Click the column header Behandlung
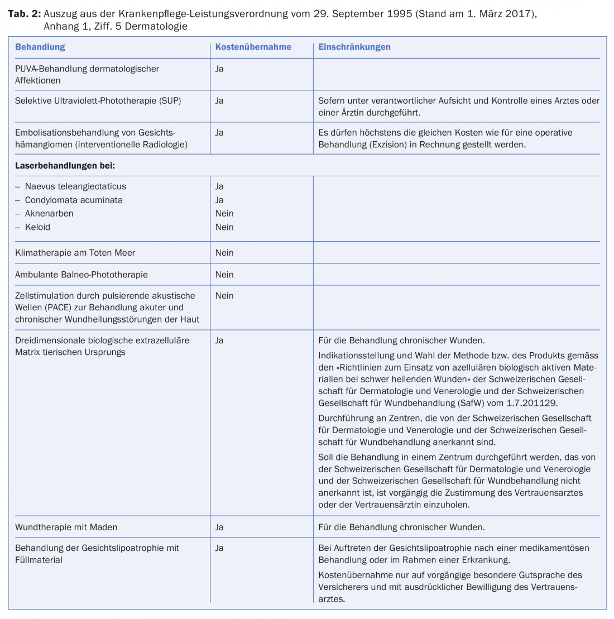(40, 47)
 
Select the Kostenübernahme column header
(253, 47)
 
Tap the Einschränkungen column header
(354, 47)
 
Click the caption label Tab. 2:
(23, 14)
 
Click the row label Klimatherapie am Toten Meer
(75, 252)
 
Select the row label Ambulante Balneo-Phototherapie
(81, 274)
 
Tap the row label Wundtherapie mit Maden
(66, 527)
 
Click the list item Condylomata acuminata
(74, 200)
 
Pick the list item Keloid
(37, 227)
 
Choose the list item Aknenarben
(49, 213)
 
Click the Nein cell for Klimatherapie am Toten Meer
(224, 252)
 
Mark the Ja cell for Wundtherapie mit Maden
(219, 527)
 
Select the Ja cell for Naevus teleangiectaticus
(219, 186)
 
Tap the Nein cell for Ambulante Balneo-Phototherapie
(224, 274)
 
